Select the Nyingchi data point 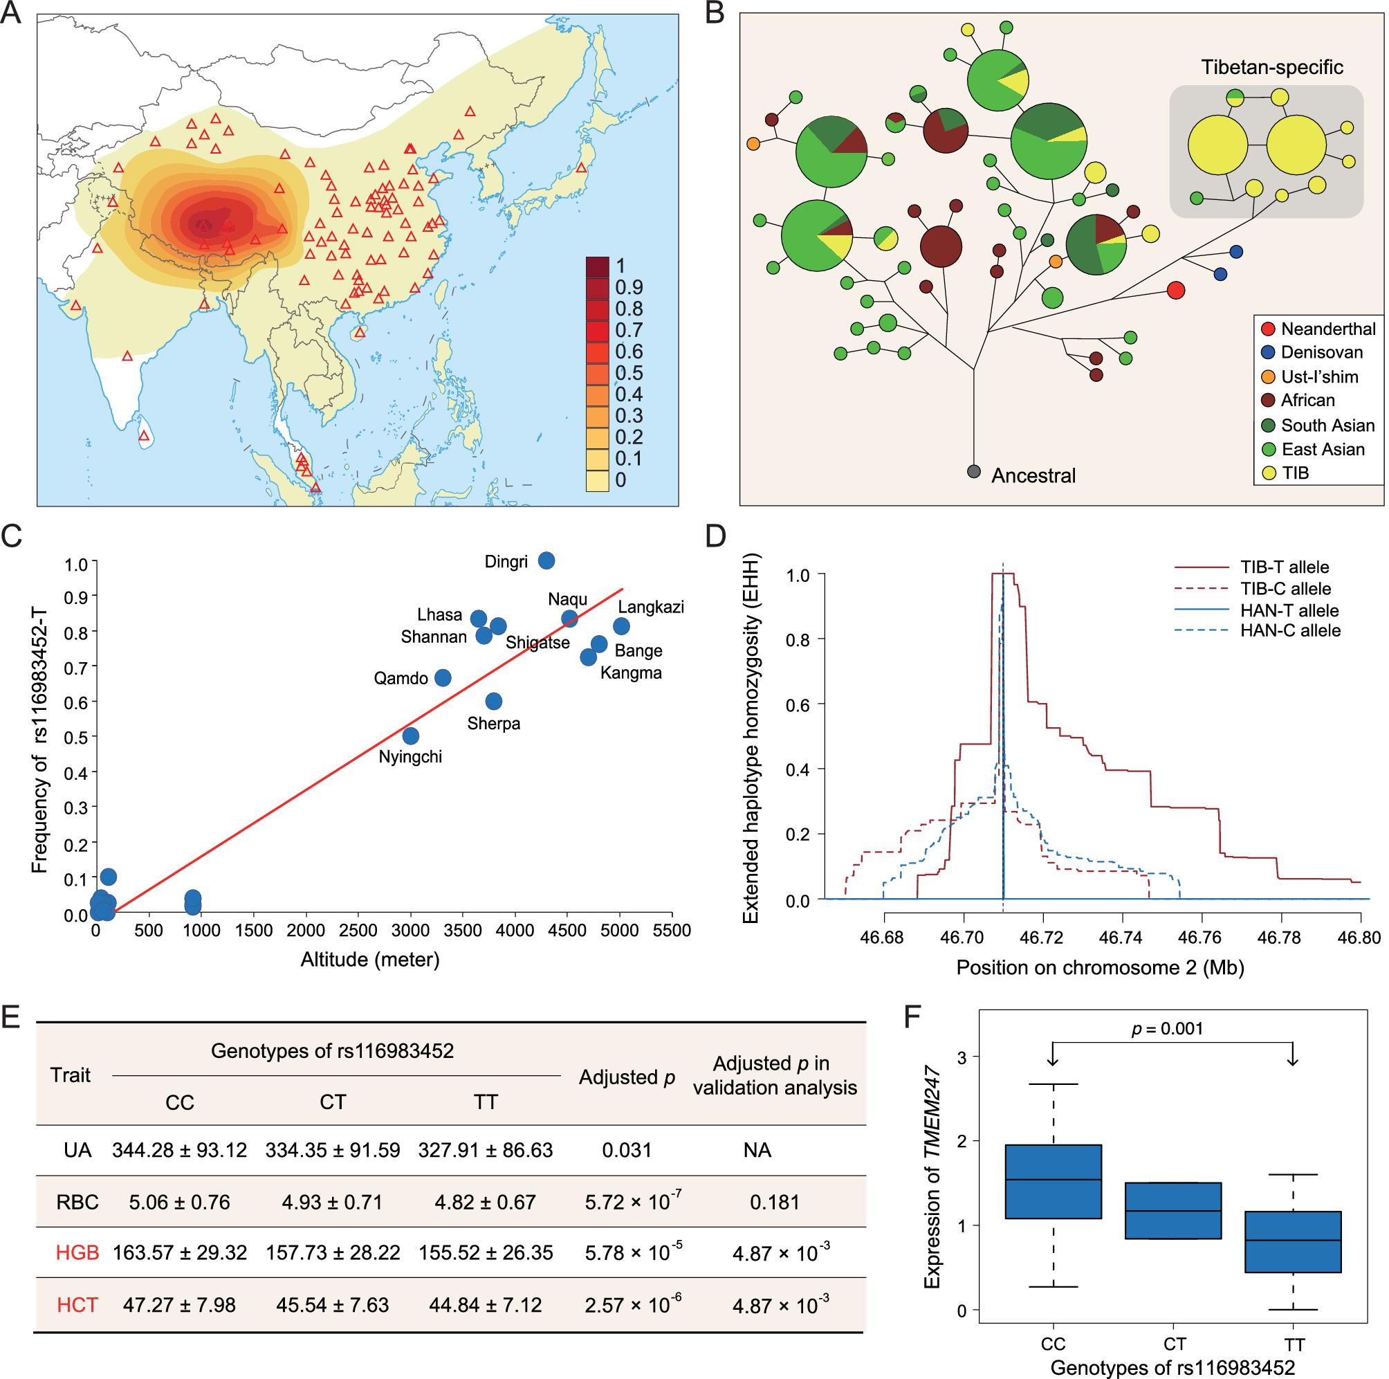[x=410, y=736]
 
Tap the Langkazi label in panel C [x=651, y=607]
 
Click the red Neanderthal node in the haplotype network [x=1175, y=290]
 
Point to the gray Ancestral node [x=974, y=472]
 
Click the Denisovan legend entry [x=1321, y=352]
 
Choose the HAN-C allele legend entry [x=1290, y=630]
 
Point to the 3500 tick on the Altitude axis [x=463, y=931]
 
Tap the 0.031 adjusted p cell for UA [x=627, y=1151]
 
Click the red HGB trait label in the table [x=77, y=1252]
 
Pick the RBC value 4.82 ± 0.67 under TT [x=486, y=1202]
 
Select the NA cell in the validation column [x=757, y=1151]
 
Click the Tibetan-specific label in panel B [x=1272, y=68]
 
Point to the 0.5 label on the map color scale [x=629, y=373]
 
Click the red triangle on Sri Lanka [x=145, y=436]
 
